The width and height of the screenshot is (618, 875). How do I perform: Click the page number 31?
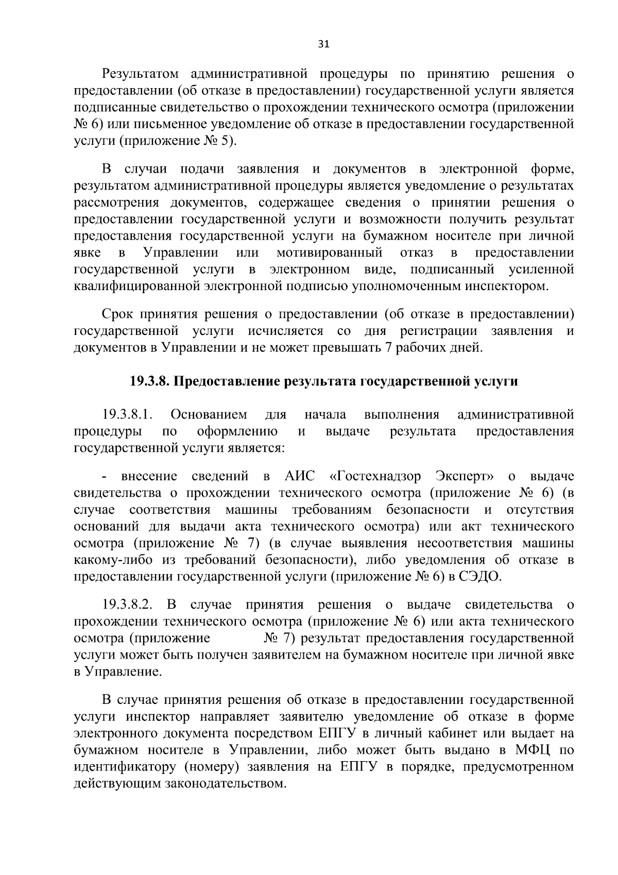[323, 44]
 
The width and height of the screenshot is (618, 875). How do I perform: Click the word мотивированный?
[329, 253]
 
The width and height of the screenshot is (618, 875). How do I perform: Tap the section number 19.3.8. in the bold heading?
[150, 382]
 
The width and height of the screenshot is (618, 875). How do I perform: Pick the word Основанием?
[209, 415]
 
